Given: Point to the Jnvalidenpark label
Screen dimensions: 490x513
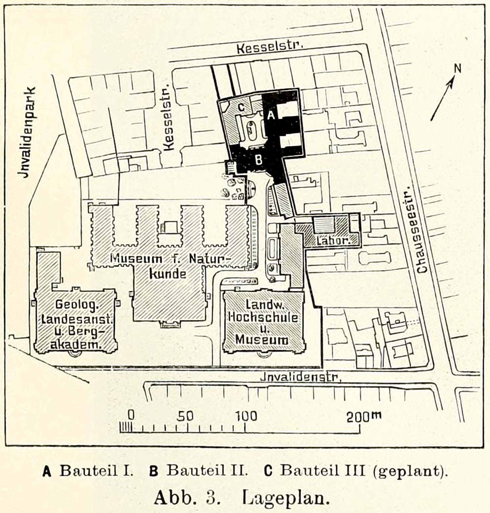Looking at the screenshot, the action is pyautogui.click(x=28, y=132).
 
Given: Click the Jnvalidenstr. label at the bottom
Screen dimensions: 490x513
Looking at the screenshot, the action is pyautogui.click(x=301, y=377).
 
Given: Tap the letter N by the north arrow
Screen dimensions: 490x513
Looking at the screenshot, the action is pyautogui.click(x=457, y=68).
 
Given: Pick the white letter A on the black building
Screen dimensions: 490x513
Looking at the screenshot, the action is pyautogui.click(x=272, y=115).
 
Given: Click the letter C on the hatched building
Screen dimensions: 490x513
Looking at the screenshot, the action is pyautogui.click(x=241, y=107).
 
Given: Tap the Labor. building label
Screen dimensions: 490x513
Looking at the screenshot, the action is pyautogui.click(x=333, y=241).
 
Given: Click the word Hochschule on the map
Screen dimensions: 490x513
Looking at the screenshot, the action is pyautogui.click(x=263, y=317).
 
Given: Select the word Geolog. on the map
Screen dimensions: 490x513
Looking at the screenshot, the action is pyautogui.click(x=77, y=305).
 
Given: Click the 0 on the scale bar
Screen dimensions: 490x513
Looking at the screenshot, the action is pyautogui.click(x=131, y=415).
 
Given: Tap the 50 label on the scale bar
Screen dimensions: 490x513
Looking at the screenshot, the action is pyautogui.click(x=185, y=416).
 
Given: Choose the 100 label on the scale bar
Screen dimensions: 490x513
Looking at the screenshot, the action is pyautogui.click(x=246, y=416).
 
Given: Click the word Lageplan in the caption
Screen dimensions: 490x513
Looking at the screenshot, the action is pyautogui.click(x=286, y=498).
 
